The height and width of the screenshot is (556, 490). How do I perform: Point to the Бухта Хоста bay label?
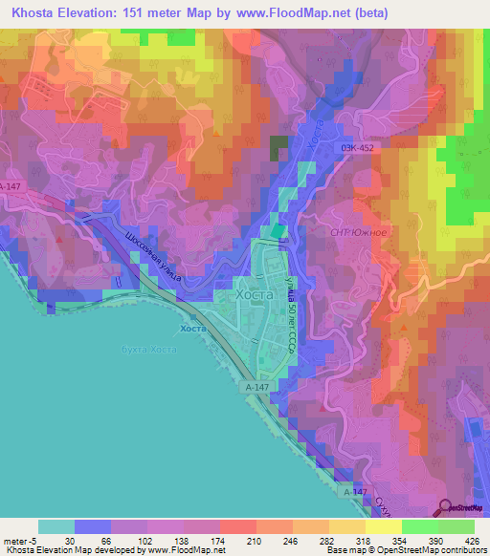click(x=150, y=351)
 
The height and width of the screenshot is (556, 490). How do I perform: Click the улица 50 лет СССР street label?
click(x=287, y=320)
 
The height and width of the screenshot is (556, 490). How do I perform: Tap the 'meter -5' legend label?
click(x=19, y=540)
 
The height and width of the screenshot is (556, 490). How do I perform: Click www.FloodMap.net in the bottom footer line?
click(x=188, y=550)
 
